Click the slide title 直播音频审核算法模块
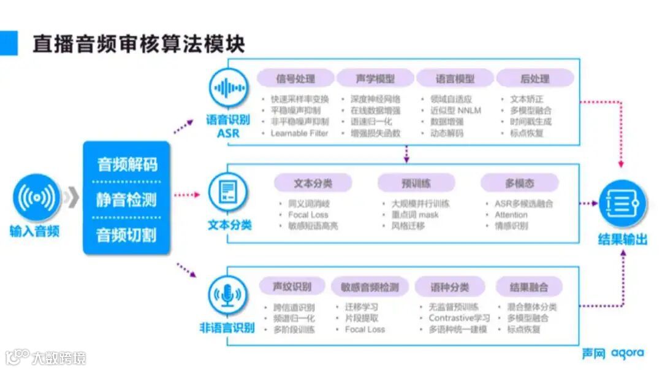click(139, 44)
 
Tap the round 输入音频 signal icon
click(36, 197)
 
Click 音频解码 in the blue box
click(126, 164)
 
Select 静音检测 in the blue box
click(126, 199)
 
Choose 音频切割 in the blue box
click(126, 234)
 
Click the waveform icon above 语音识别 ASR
click(229, 88)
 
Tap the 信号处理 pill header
click(295, 79)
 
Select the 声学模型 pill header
click(375, 79)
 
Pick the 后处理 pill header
click(535, 79)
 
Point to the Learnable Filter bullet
click(299, 133)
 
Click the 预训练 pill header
click(416, 183)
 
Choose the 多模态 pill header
click(519, 183)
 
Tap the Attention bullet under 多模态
click(511, 215)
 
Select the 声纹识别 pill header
click(292, 287)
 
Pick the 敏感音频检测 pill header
click(369, 287)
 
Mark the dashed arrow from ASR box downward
click(406, 155)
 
